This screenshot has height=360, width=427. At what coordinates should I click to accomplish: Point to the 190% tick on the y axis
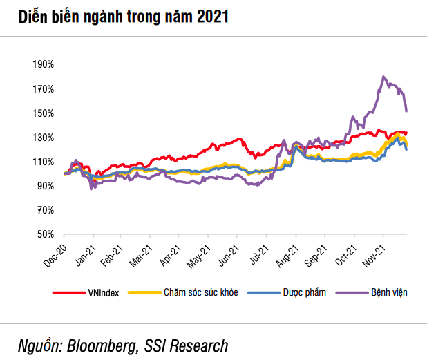point(43,65)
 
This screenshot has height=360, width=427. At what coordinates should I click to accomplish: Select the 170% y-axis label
point(43,89)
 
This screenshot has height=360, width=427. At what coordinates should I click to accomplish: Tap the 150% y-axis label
point(43,113)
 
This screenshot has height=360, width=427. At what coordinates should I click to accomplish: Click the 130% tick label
point(43,138)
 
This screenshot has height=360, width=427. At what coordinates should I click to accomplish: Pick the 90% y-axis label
point(45,186)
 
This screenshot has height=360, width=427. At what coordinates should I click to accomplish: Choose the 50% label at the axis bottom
point(45,234)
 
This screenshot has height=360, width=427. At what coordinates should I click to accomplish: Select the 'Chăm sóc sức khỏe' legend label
point(201,293)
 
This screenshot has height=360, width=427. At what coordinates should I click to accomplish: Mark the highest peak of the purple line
point(383,77)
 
